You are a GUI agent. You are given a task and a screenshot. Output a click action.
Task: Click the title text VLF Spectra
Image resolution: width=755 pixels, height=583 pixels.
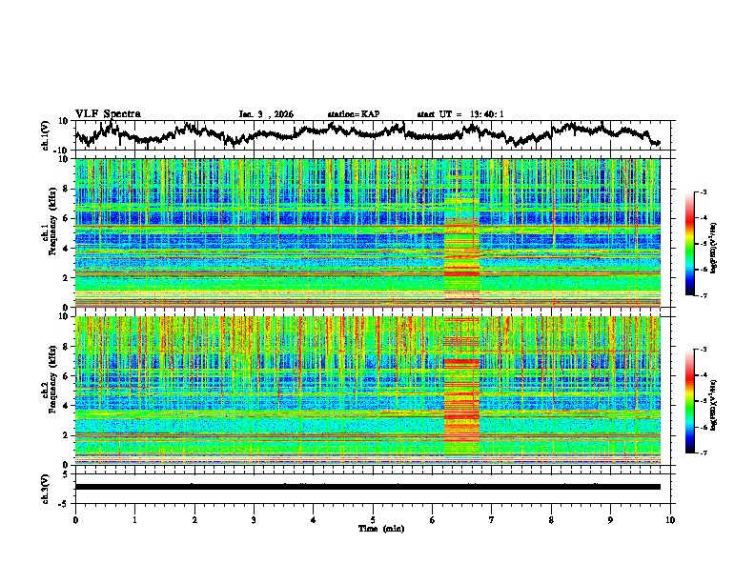pyautogui.click(x=108, y=113)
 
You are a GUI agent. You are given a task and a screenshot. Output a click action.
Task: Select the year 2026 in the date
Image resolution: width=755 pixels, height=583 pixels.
pyautogui.click(x=282, y=114)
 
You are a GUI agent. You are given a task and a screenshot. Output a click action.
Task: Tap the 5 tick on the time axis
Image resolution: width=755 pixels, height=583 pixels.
pyautogui.click(x=373, y=518)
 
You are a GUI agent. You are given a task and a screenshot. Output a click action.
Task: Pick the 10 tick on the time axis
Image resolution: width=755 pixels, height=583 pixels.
pyautogui.click(x=670, y=518)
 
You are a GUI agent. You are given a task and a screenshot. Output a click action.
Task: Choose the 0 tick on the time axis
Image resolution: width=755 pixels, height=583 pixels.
pyautogui.click(x=75, y=518)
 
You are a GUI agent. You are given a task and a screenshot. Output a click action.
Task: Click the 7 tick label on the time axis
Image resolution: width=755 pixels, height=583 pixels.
pyautogui.click(x=492, y=518)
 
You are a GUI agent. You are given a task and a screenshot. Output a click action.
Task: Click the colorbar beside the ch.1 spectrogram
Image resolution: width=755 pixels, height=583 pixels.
pyautogui.click(x=699, y=244)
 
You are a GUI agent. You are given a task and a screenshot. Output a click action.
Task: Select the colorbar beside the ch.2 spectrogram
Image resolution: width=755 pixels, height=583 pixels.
pyautogui.click(x=699, y=401)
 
